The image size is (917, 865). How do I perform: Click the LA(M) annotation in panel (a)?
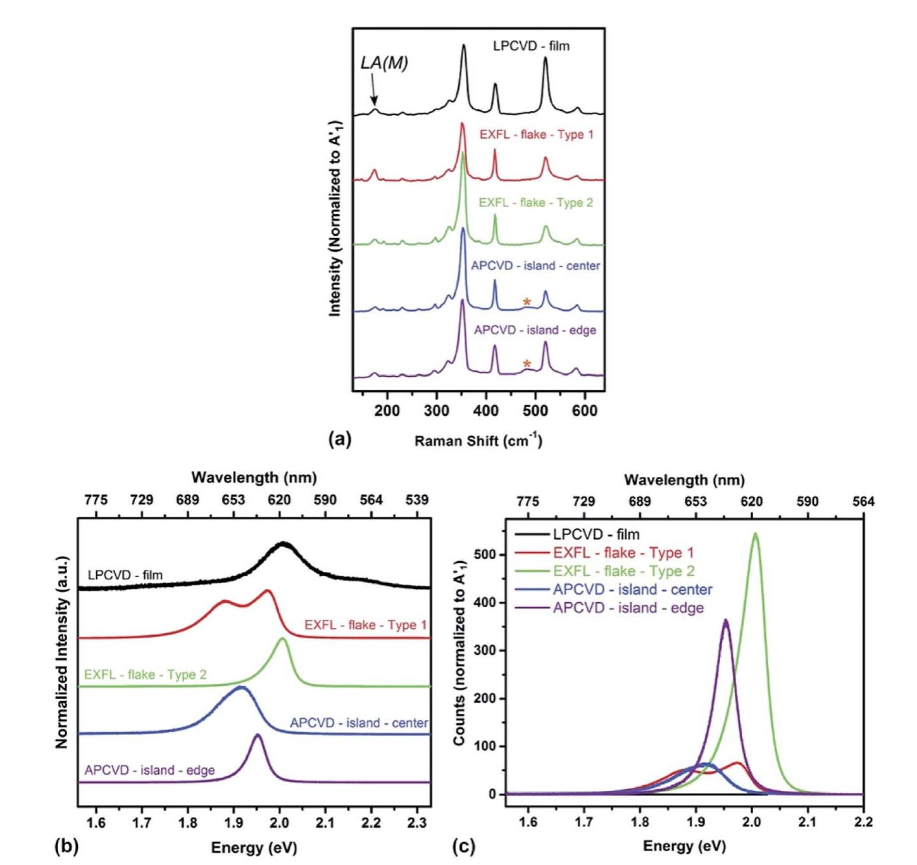pyautogui.click(x=384, y=63)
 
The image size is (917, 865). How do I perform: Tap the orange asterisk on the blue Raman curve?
pyautogui.click(x=527, y=303)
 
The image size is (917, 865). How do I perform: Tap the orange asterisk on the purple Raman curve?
pyautogui.click(x=527, y=364)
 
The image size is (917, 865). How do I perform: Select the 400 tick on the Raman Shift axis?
pyautogui.click(x=485, y=410)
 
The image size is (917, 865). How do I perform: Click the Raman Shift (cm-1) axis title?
pyautogui.click(x=478, y=441)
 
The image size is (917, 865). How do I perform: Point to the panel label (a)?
pyautogui.click(x=339, y=439)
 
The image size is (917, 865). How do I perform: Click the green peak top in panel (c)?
pyautogui.click(x=755, y=534)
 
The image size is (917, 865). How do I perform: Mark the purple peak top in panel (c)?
pyautogui.click(x=726, y=621)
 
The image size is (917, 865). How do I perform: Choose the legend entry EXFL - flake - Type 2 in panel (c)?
pyautogui.click(x=623, y=571)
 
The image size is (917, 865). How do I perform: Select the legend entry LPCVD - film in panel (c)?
pyautogui.click(x=596, y=534)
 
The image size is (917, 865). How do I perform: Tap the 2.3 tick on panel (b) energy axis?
pyautogui.click(x=417, y=823)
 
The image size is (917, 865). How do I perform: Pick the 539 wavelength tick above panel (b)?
pyautogui.click(x=417, y=500)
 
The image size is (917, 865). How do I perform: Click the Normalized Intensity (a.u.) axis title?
pyautogui.click(x=61, y=652)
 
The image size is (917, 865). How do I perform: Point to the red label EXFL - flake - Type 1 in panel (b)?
pyautogui.click(x=365, y=625)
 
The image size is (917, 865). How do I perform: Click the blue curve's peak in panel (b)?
pyautogui.click(x=241, y=687)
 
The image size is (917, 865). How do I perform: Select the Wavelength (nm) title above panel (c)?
pyautogui.click(x=684, y=480)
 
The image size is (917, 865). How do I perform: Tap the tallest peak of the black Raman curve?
pyautogui.click(x=464, y=46)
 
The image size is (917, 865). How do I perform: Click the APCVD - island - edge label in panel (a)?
pyautogui.click(x=535, y=330)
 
